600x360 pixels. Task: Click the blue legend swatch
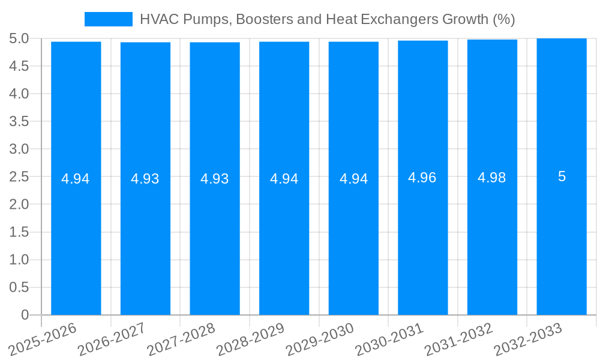[x=108, y=19]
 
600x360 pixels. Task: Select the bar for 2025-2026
[x=76, y=240]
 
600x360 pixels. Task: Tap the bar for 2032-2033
[x=562, y=240]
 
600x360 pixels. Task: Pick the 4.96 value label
[x=423, y=178]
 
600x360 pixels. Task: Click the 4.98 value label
[x=492, y=178]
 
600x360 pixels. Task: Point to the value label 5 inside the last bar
[x=562, y=176]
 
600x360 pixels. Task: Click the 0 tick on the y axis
[x=25, y=314]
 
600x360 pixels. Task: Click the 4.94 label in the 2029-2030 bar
[x=353, y=179]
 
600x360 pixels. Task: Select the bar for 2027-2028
[x=215, y=240]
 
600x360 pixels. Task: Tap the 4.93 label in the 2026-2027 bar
[x=145, y=179]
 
